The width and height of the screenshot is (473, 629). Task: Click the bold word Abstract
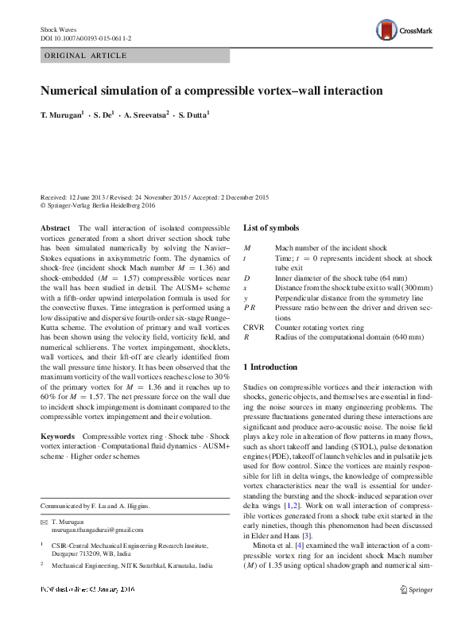[x=54, y=228]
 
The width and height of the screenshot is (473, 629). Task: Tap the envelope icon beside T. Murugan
[x=44, y=520]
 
